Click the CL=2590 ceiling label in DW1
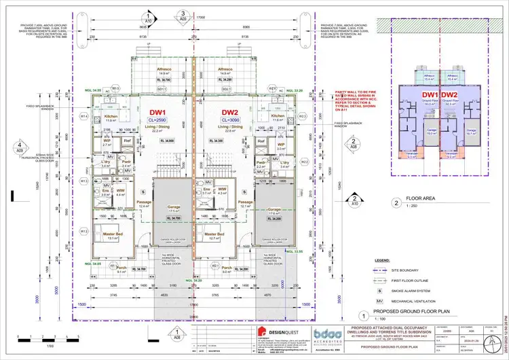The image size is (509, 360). point(157,118)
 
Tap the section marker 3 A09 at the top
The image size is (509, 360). point(183,15)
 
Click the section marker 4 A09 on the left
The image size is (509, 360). point(22,147)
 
